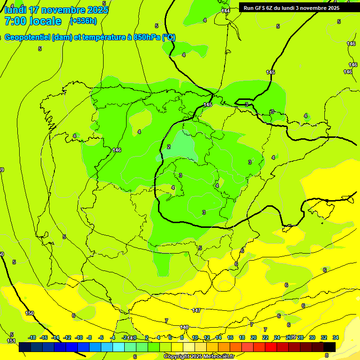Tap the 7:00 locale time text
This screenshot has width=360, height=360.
pos(33,21)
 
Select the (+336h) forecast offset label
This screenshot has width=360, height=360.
pos(83,21)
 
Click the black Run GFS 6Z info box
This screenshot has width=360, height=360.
pos(292,7)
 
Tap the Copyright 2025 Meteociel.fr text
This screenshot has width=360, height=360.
pos(199,357)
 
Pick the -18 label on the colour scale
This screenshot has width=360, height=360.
pos(32,337)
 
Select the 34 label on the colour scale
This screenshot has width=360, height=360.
pos(336,337)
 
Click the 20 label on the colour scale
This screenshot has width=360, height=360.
pos(254,337)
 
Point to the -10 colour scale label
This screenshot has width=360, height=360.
pos(79,337)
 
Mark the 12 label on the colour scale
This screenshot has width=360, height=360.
pos(207,337)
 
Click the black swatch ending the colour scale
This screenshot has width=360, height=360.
pos(330,347)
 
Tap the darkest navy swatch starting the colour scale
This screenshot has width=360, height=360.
pos(25,347)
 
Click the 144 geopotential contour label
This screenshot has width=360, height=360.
pos(226,10)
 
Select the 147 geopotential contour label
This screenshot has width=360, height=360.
pos(196,310)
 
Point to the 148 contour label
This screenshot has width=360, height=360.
pos(184,327)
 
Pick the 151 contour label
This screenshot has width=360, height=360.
pos(11,341)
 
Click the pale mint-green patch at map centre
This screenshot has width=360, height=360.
pos(183,146)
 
